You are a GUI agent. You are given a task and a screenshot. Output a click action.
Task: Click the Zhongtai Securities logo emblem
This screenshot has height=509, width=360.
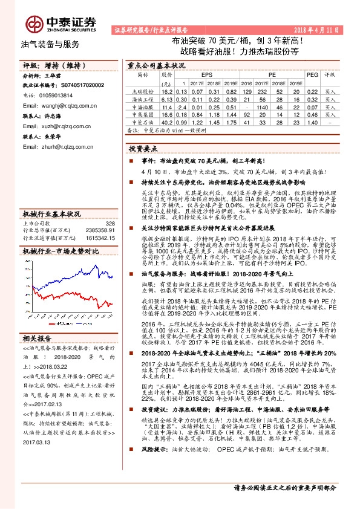pos(34,23)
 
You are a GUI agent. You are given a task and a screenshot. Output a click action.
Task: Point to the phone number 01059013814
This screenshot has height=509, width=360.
pos(56,95)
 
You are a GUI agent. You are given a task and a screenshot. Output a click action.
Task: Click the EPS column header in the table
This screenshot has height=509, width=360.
pos(198,75)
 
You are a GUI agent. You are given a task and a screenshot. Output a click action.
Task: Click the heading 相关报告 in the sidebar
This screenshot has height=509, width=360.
pos(37,320)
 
